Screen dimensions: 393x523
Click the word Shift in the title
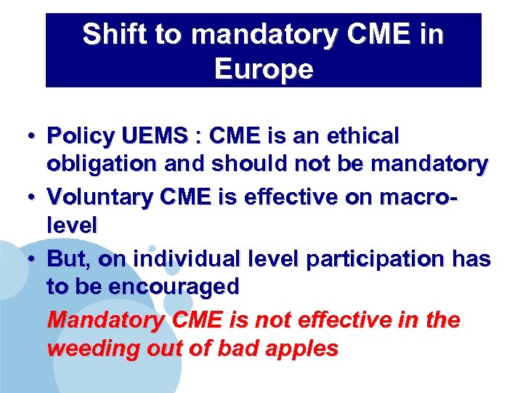(x=111, y=34)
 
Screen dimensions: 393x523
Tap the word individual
(x=190, y=259)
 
